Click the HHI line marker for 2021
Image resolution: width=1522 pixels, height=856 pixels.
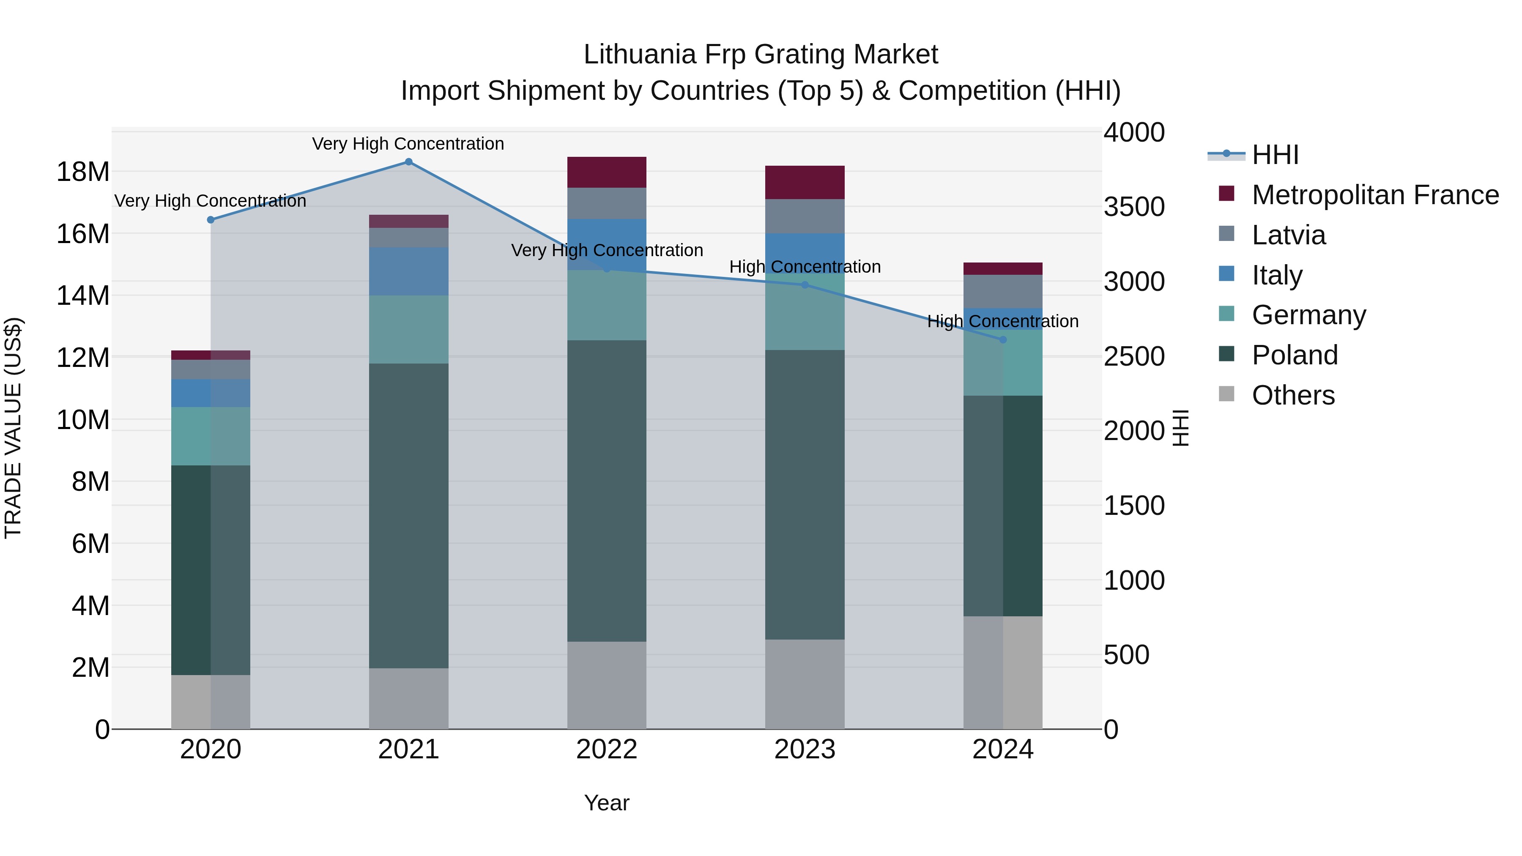[408, 162]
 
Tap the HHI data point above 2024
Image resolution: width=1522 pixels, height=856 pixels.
[1003, 340]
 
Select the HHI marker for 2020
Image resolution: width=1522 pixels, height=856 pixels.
[211, 220]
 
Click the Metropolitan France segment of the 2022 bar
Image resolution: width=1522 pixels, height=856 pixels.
[607, 172]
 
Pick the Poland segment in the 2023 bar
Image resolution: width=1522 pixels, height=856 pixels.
[805, 495]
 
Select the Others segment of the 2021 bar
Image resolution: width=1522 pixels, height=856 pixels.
[408, 698]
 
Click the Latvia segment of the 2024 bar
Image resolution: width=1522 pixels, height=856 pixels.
[1003, 291]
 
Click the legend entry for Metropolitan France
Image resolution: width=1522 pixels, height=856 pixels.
[1375, 195]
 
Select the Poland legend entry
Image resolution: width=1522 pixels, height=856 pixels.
[1295, 355]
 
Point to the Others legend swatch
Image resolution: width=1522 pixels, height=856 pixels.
[1226, 394]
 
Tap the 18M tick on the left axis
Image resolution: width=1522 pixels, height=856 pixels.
[83, 172]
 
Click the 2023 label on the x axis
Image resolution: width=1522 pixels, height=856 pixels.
[805, 749]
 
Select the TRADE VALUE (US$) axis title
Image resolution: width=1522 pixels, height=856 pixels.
[13, 428]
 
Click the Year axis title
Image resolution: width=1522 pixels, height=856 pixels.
[607, 803]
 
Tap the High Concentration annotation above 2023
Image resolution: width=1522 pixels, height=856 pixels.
[805, 267]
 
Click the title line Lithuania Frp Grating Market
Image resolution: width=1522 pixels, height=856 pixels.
[761, 55]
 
